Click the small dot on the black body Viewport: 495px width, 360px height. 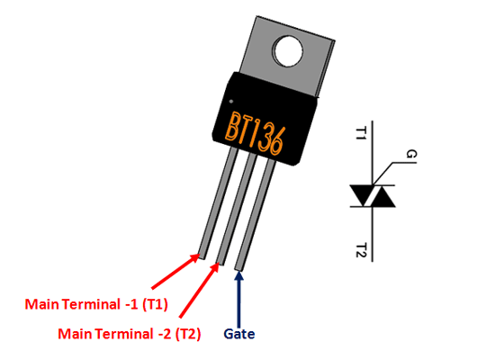232,100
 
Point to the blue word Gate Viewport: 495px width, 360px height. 239,334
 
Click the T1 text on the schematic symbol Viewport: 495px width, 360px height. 362,134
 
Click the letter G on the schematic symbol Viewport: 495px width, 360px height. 410,156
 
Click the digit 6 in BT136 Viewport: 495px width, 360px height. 277,140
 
